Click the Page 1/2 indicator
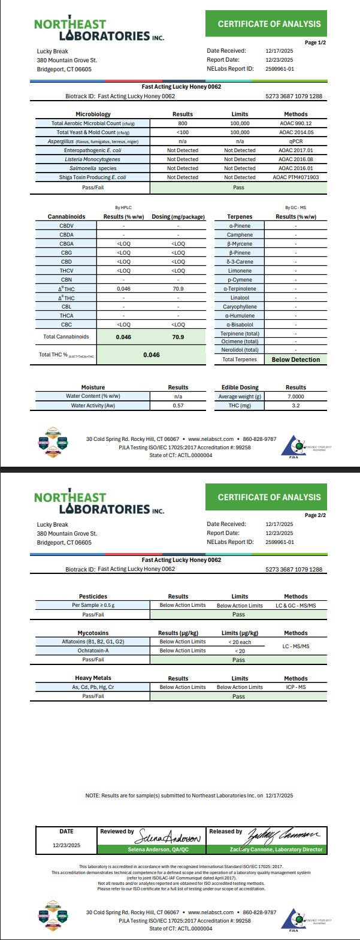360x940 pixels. tap(316, 43)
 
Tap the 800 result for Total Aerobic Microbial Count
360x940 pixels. tap(183, 123)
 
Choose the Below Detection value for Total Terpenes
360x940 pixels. tap(295, 359)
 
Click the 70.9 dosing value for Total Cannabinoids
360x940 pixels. tap(178, 337)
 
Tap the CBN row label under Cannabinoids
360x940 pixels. tap(66, 280)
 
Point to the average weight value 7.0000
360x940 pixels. tap(295, 397)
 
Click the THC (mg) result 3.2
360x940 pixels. tap(295, 406)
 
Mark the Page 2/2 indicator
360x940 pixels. tap(316, 515)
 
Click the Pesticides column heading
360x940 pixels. tap(93, 597)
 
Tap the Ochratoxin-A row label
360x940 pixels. tap(93, 651)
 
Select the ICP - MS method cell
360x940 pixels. tap(295, 687)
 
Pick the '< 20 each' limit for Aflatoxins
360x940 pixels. tap(240, 642)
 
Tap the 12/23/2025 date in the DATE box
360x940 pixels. tap(66, 845)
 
